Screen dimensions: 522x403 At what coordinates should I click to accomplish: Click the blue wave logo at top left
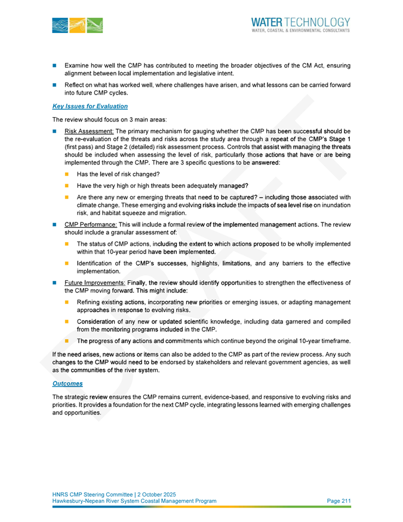point(77,25)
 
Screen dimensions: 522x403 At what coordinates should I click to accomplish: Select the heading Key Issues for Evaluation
point(90,106)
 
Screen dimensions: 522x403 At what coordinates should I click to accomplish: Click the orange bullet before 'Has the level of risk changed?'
point(67,173)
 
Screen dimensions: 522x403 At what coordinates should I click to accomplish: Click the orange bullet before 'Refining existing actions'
point(67,303)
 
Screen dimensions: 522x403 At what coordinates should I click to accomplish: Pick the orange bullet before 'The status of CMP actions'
point(67,244)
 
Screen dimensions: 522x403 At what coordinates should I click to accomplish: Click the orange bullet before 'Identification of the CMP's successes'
point(67,263)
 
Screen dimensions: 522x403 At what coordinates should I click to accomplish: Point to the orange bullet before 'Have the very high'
point(67,185)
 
